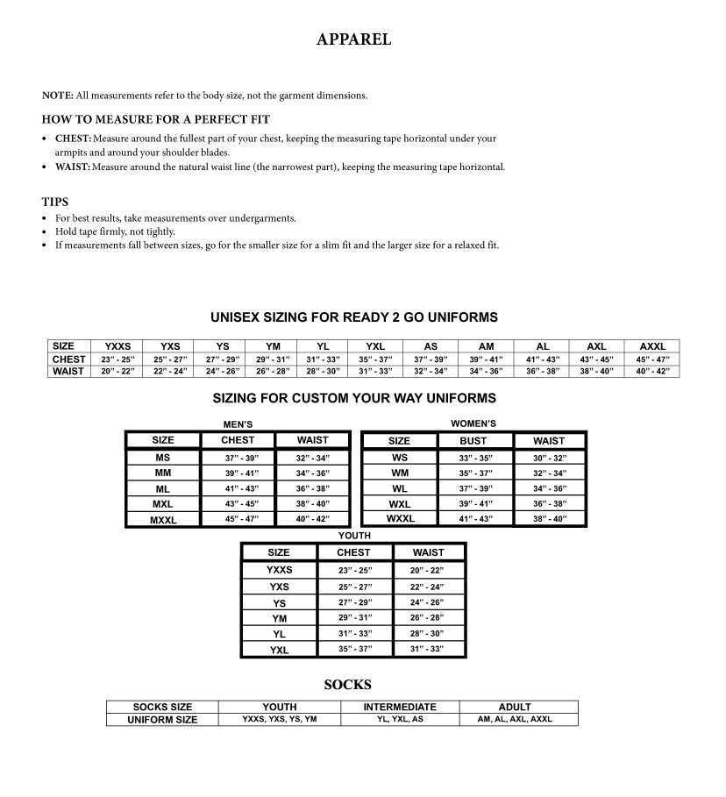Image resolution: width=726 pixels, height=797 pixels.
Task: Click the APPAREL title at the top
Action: click(x=353, y=39)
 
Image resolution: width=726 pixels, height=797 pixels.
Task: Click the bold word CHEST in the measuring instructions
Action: click(x=73, y=139)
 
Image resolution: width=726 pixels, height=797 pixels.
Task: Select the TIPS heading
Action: click(x=54, y=202)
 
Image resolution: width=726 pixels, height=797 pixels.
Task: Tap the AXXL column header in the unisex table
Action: click(x=652, y=346)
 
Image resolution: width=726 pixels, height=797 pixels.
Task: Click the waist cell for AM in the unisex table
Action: click(x=487, y=371)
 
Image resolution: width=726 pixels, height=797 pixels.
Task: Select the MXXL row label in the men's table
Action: click(x=163, y=520)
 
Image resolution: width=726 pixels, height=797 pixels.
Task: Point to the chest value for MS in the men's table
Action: click(x=238, y=458)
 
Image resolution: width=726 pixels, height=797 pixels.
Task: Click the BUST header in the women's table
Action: click(x=473, y=441)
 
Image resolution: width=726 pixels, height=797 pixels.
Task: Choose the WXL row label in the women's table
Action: click(x=400, y=504)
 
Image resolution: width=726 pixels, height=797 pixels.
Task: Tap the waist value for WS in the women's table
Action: click(x=549, y=458)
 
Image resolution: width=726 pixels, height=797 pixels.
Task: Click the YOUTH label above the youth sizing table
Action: click(x=354, y=536)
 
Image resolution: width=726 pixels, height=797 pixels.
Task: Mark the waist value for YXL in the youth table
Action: click(x=427, y=649)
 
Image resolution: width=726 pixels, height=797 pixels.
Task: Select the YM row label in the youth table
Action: click(x=280, y=618)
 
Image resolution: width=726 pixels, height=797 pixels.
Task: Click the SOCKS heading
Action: click(x=347, y=685)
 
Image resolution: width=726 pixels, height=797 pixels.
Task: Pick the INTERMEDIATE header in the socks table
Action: click(x=400, y=707)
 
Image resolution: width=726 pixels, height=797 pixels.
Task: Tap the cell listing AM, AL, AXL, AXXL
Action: click(x=515, y=719)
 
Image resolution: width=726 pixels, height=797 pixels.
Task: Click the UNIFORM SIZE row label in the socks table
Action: click(x=162, y=720)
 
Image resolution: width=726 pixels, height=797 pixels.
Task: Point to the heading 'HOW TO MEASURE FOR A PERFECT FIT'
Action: click(x=156, y=119)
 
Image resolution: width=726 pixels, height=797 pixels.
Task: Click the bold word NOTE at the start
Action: click(x=56, y=96)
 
